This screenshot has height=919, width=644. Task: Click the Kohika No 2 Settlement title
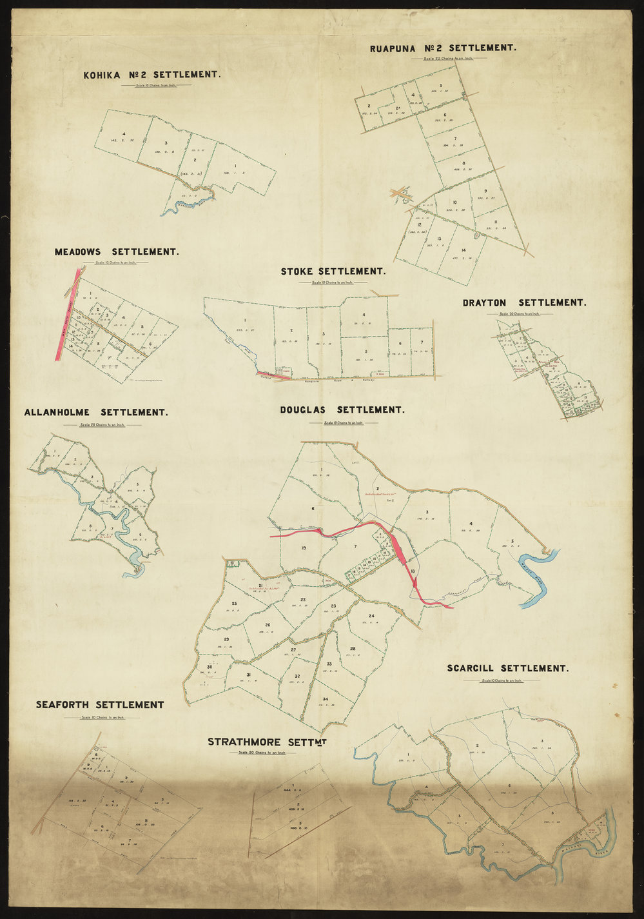pyautogui.click(x=152, y=75)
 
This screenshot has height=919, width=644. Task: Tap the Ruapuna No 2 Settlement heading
pyautogui.click(x=443, y=48)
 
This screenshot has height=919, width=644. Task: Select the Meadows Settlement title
pyautogui.click(x=117, y=252)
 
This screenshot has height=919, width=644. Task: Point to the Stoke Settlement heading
pyautogui.click(x=333, y=272)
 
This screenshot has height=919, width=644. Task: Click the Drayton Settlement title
pyautogui.click(x=524, y=302)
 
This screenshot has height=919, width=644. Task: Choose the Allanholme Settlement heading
pyautogui.click(x=96, y=412)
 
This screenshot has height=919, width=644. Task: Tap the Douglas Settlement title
pyautogui.click(x=342, y=410)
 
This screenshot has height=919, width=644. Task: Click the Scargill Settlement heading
pyautogui.click(x=508, y=668)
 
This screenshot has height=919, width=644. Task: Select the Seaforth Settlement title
pyautogui.click(x=100, y=705)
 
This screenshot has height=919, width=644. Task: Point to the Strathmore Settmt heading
pyautogui.click(x=268, y=742)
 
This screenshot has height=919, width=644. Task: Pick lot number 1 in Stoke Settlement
pyautogui.click(x=245, y=320)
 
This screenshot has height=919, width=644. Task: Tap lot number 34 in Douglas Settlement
pyautogui.click(x=326, y=699)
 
